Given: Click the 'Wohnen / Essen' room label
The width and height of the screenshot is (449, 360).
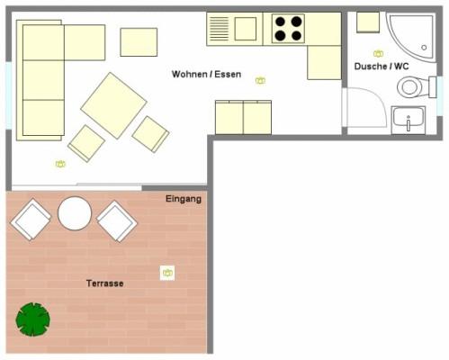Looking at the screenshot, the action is tap(206, 74).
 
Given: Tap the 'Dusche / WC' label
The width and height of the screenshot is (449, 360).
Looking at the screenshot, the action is tap(382, 67).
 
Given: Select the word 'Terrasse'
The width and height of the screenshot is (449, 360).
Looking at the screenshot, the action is tap(104, 283).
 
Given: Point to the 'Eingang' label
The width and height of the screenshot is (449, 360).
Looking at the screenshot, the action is tap(184, 199).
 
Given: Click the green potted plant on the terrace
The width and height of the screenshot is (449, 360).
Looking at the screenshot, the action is tap(33, 319).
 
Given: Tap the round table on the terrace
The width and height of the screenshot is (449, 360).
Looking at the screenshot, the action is tap(75, 213).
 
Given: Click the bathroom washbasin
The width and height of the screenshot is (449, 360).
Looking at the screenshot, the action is tap(409, 120).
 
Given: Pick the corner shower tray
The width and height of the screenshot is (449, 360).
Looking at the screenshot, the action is tap(411, 37).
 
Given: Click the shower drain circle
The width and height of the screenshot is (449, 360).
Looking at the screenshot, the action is tap(424, 48).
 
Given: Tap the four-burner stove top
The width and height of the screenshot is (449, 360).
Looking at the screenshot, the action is tap(288, 29).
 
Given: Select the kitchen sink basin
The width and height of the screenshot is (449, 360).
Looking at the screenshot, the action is tap(246, 29).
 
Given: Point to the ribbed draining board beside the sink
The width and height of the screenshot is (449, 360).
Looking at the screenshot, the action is tap(219, 29).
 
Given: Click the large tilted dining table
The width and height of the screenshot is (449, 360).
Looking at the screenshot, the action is tap(113, 105).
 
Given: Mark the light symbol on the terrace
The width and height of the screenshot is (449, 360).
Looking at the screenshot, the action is tap(167, 273).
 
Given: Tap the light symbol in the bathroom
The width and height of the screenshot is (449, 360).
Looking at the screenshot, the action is tap(378, 54).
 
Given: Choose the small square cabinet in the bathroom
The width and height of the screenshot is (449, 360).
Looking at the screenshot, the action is tap(368, 22).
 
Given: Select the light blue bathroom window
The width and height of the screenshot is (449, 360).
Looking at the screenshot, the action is tap(440, 96).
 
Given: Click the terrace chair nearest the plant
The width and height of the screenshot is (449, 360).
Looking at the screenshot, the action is tap(31, 220).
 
